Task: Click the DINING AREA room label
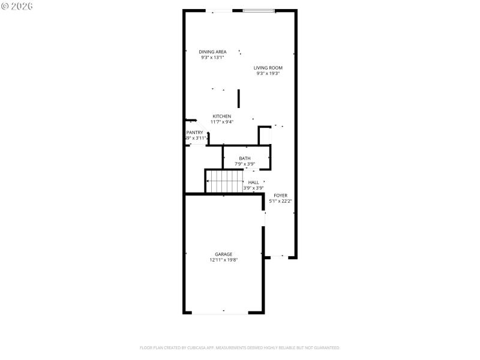(x=212, y=52)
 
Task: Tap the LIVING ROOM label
(x=268, y=68)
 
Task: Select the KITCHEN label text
(x=221, y=116)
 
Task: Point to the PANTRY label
(x=195, y=133)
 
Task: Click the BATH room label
(x=244, y=158)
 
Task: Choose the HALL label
(x=253, y=182)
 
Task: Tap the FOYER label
(x=280, y=196)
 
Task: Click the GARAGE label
(x=223, y=254)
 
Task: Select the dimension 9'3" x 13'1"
(x=212, y=58)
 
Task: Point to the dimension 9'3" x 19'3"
(x=268, y=74)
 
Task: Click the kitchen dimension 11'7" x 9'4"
(x=221, y=122)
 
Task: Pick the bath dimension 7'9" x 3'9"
(x=244, y=164)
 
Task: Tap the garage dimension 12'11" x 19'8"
(x=223, y=260)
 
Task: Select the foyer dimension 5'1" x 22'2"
(x=280, y=201)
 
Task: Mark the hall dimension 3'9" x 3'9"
(x=253, y=188)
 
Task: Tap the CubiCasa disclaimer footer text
(x=240, y=347)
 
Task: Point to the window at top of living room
(x=259, y=11)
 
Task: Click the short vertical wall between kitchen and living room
(x=239, y=98)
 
